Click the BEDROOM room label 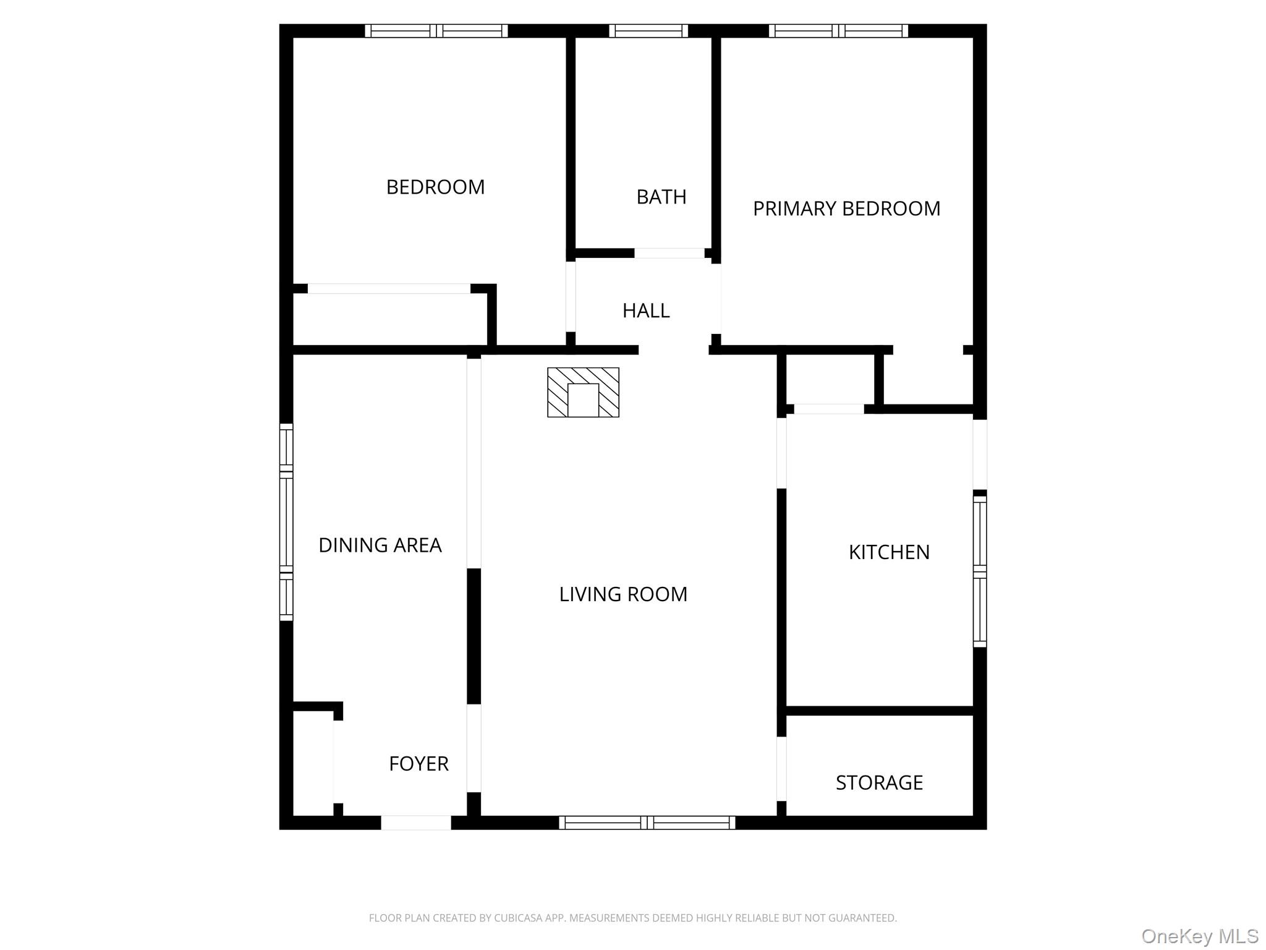pyautogui.click(x=435, y=187)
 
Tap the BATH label pyautogui.click(x=661, y=197)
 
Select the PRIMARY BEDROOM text pyautogui.click(x=846, y=208)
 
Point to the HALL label pyautogui.click(x=646, y=310)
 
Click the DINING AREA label pyautogui.click(x=380, y=545)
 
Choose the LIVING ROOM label pyautogui.click(x=623, y=594)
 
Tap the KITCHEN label pyautogui.click(x=889, y=552)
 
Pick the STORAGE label pyautogui.click(x=879, y=782)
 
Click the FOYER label pyautogui.click(x=418, y=764)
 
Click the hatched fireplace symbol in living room pyautogui.click(x=583, y=392)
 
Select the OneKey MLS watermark pyautogui.click(x=1199, y=936)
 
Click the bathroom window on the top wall pyautogui.click(x=648, y=31)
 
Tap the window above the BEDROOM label pyautogui.click(x=436, y=31)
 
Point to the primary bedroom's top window pyautogui.click(x=838, y=31)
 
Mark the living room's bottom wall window pyautogui.click(x=647, y=823)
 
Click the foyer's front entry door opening pyautogui.click(x=415, y=823)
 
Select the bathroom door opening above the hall pyautogui.click(x=669, y=253)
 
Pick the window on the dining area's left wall pyautogui.click(x=286, y=522)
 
